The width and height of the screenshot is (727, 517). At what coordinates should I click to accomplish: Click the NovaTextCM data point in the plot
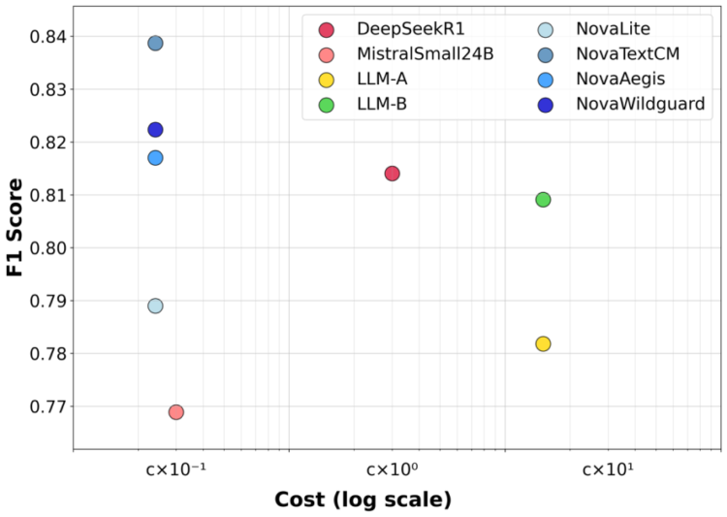click(x=155, y=43)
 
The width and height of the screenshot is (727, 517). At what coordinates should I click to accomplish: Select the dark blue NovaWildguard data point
click(x=155, y=129)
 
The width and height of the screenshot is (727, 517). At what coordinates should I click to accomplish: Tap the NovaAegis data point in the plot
click(x=155, y=157)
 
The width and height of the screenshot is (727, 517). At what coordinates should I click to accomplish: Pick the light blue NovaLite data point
click(x=155, y=306)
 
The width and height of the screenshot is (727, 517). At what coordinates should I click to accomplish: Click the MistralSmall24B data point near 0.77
click(x=176, y=411)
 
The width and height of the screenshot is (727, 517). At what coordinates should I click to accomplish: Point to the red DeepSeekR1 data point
click(x=392, y=174)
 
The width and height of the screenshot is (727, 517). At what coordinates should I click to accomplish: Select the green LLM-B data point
click(x=543, y=200)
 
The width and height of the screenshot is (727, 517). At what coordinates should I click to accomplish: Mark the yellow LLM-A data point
click(x=543, y=343)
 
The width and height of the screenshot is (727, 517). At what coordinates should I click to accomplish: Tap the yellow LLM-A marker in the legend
click(x=327, y=80)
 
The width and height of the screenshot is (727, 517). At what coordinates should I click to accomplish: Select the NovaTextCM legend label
click(x=628, y=54)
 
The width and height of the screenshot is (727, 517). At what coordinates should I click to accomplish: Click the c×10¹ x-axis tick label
click(x=608, y=469)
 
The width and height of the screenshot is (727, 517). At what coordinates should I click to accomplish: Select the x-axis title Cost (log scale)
click(x=363, y=501)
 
